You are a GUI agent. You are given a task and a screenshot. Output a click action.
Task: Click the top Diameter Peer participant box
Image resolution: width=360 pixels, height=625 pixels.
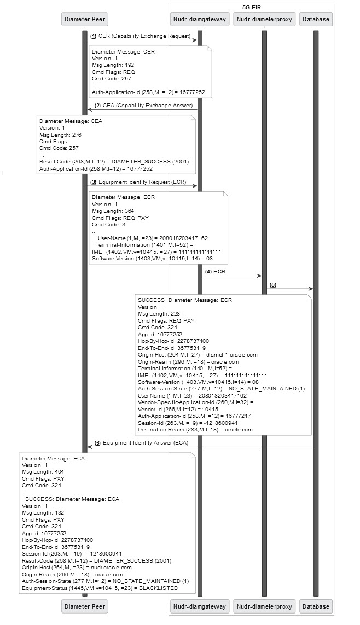(85, 19)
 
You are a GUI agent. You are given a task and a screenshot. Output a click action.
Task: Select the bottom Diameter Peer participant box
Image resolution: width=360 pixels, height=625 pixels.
(85, 606)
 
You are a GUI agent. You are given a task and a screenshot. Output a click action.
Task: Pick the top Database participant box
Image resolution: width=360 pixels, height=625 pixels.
(316, 19)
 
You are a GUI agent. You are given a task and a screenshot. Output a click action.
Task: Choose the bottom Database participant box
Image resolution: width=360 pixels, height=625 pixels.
(316, 606)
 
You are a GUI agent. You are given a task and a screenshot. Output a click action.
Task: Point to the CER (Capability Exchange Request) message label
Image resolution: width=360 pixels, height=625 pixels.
(144, 36)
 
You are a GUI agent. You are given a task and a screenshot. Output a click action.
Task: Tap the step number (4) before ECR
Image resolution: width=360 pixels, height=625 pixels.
(208, 271)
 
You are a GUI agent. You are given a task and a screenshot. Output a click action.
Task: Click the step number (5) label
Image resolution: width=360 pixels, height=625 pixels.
(272, 285)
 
